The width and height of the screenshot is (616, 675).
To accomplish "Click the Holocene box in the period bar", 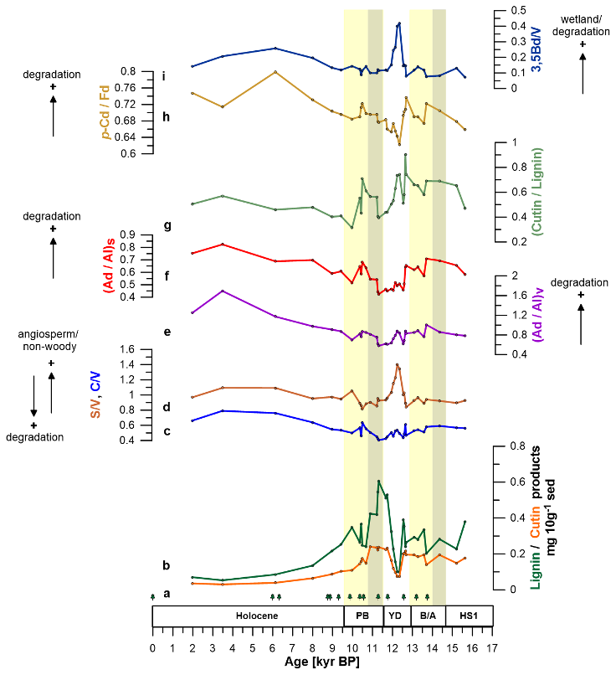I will pos(248,616).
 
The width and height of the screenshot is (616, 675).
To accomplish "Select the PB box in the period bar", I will pos(363,616).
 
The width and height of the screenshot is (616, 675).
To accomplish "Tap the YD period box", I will pos(396,616).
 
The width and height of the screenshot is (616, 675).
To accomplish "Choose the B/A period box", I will pos(428,616).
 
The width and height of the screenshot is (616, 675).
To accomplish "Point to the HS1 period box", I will pos(469,616).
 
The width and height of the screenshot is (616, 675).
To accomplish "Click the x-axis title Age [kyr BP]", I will pos(322,664).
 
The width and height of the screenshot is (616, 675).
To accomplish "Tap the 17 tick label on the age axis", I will pos(492,647).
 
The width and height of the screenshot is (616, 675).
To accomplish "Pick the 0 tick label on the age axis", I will pos(152,647).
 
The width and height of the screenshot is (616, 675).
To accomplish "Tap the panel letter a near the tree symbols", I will pos(167,594).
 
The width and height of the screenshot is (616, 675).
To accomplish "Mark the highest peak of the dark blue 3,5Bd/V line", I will pos(399,23).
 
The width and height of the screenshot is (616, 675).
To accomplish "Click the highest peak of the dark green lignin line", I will pos(379,481).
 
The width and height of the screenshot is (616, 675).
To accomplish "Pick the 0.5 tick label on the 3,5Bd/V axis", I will pos(517,10).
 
